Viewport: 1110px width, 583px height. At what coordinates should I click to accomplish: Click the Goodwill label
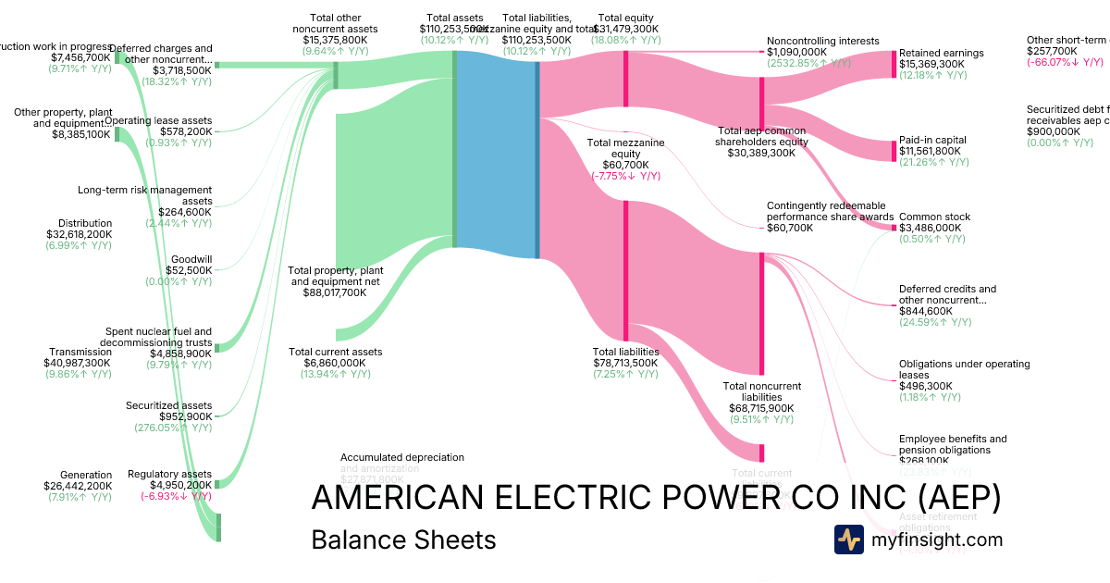[x=191, y=259]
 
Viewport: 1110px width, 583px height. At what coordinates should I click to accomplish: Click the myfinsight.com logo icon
[x=848, y=540]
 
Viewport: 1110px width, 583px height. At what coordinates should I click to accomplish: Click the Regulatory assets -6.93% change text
[x=176, y=496]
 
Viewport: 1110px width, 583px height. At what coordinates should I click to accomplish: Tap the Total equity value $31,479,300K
[x=625, y=29]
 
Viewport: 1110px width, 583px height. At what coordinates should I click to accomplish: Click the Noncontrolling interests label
[x=823, y=41]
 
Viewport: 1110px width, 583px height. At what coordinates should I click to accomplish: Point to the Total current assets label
[x=335, y=352]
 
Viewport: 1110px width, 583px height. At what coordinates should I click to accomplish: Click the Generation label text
[x=85, y=475]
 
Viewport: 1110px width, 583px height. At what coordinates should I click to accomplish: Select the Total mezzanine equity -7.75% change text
[x=626, y=176]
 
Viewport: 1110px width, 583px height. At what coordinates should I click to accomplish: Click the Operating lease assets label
[x=158, y=120]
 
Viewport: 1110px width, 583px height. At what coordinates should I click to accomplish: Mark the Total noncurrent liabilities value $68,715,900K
[x=762, y=408]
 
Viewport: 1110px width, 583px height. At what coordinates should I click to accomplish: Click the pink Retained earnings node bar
[x=894, y=64]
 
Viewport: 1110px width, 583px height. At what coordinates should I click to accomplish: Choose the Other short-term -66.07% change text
[x=1065, y=62]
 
